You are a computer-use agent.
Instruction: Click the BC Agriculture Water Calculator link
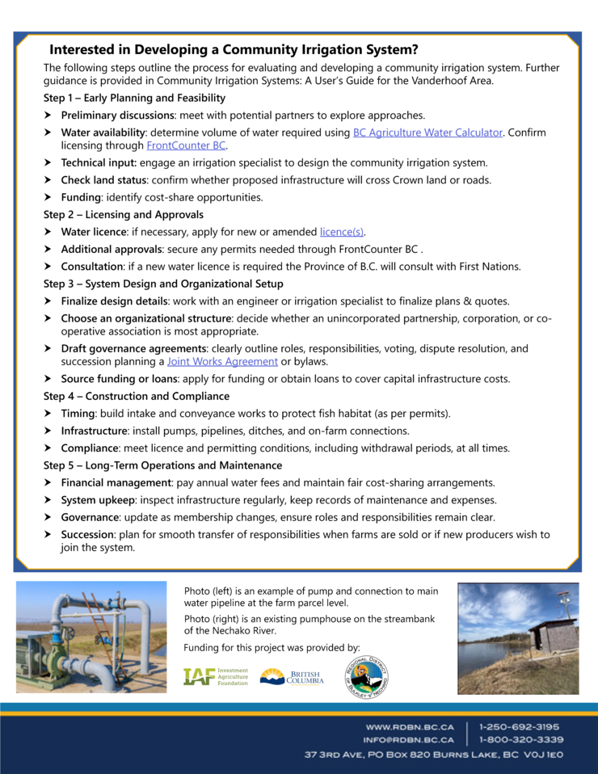point(427,133)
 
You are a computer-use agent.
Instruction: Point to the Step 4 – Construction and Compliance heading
point(137,396)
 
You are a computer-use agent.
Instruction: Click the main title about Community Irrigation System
point(234,49)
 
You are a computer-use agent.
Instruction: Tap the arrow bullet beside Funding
point(49,197)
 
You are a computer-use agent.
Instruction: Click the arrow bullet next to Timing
point(49,414)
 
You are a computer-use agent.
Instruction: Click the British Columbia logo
point(292,677)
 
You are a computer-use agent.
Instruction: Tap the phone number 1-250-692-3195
point(520,726)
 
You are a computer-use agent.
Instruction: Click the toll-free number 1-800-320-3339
point(520,739)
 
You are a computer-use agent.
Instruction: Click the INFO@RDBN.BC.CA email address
point(408,739)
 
